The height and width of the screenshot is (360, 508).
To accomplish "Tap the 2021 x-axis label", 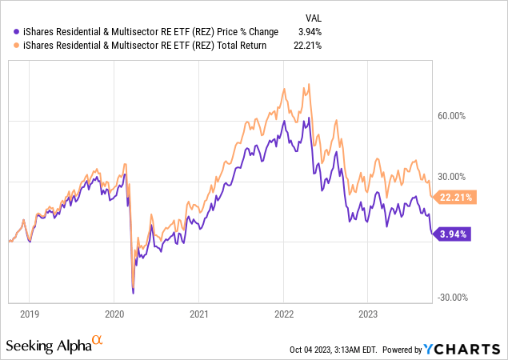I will click(x=199, y=314).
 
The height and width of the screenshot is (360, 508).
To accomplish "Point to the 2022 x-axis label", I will click(x=285, y=314).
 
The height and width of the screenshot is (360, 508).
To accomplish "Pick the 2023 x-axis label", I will click(x=368, y=314).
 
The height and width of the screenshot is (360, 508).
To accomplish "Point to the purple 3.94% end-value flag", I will click(x=452, y=234).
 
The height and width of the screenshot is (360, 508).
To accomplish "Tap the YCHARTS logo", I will click(x=462, y=349).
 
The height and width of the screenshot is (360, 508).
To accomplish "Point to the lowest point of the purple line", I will click(x=133, y=293).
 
